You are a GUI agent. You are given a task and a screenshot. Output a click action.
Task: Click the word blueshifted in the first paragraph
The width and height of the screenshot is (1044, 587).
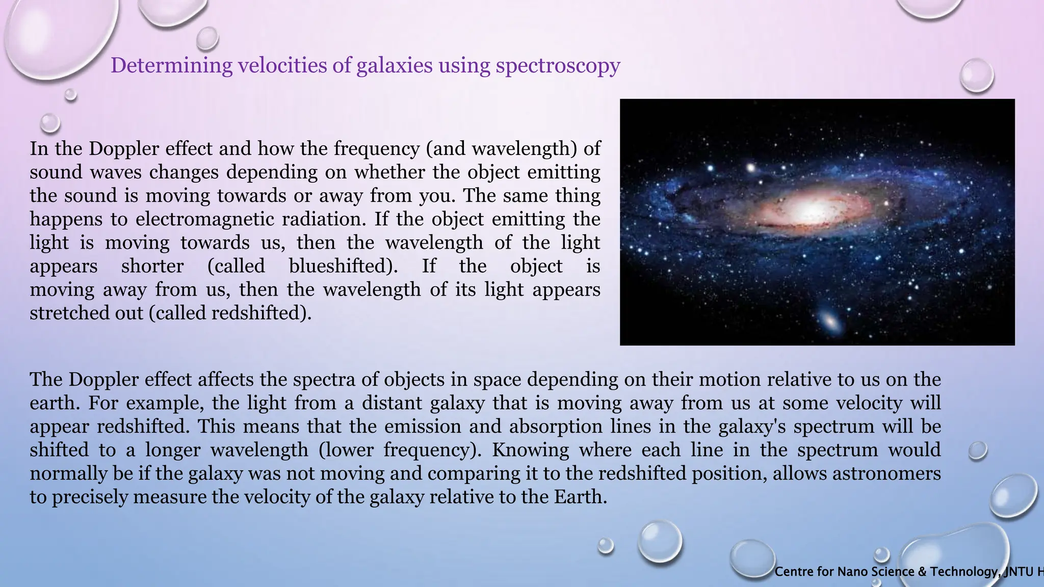click(x=343, y=266)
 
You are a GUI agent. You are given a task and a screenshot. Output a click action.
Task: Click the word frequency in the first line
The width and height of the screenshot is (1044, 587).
click(x=377, y=149)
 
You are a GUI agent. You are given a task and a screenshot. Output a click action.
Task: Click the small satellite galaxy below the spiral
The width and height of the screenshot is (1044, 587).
click(x=830, y=321)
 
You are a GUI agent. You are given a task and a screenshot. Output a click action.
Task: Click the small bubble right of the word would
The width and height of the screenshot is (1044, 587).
click(x=977, y=450)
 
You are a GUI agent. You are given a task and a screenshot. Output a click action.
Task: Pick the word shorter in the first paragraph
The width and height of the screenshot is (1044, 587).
click(x=152, y=266)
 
